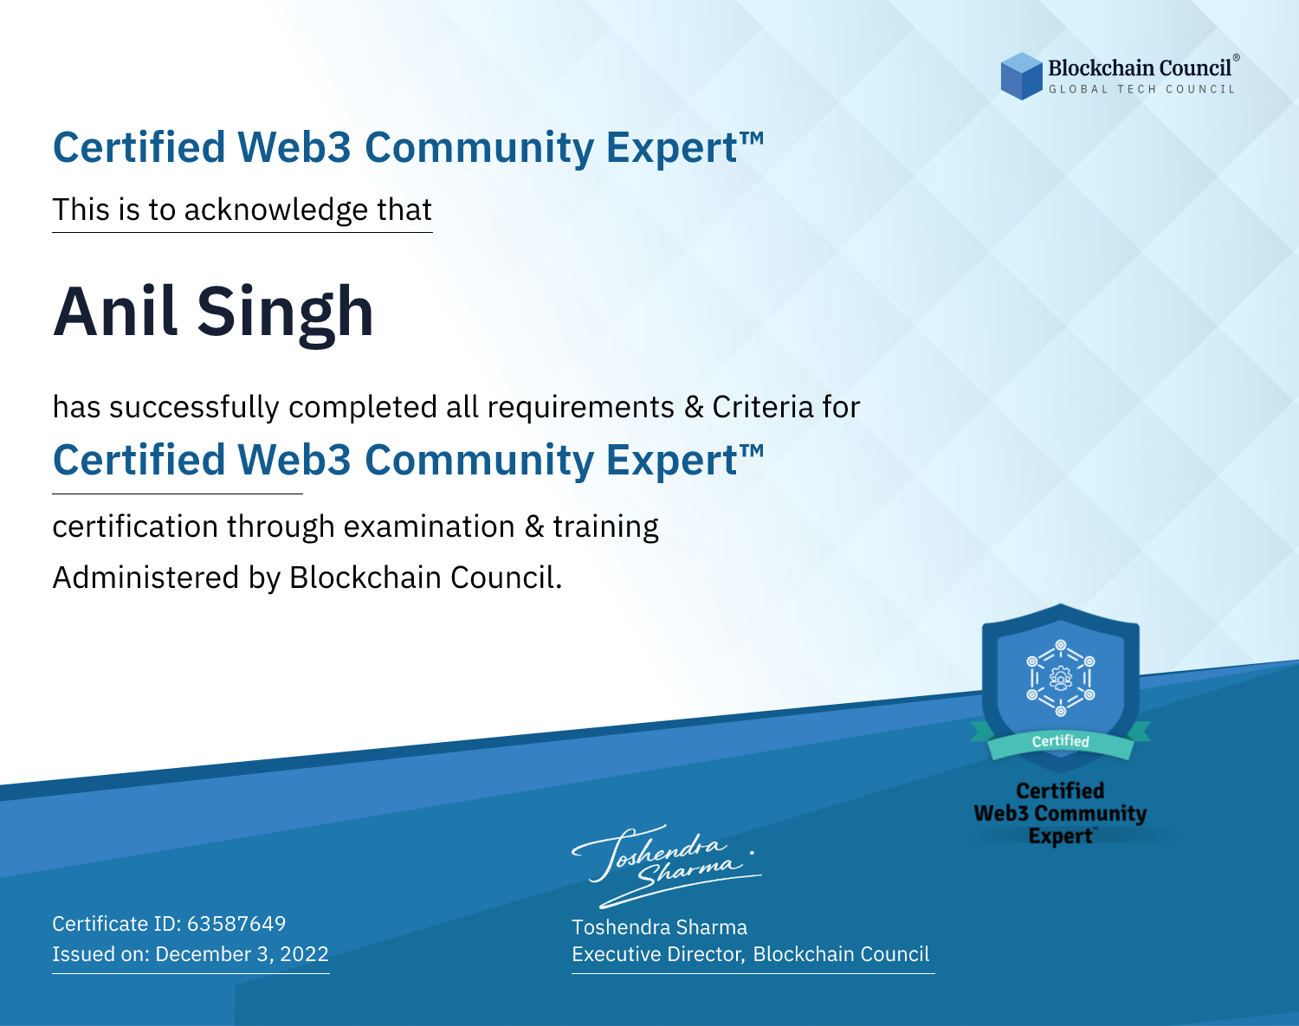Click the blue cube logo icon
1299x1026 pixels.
point(1021,76)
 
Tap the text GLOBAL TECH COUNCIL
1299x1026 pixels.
point(1142,89)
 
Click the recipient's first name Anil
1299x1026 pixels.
point(115,313)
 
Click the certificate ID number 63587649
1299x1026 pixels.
point(236,923)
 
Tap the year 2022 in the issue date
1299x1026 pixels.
point(304,953)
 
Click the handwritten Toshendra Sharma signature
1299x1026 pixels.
point(666,866)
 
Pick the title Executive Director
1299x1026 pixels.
point(658,954)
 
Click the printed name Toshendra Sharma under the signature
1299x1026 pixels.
point(659,927)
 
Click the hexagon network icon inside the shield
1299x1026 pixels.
point(1061,678)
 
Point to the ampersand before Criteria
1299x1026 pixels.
point(694,408)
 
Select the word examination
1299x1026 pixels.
point(429,526)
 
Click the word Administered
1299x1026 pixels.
point(145,578)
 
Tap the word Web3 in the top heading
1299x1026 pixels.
point(294,147)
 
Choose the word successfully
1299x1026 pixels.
point(194,408)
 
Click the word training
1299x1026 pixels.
point(605,527)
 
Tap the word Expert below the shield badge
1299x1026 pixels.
point(1060,836)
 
